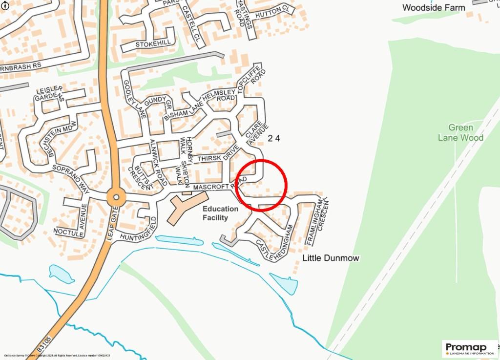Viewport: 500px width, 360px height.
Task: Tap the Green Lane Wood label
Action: pos(460,132)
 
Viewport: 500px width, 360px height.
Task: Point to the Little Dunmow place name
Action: pos(331,257)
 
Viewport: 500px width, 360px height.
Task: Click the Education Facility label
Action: pos(221,213)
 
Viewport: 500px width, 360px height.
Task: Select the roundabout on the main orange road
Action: pos(116,198)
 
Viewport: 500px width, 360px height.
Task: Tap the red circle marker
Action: pos(262,185)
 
